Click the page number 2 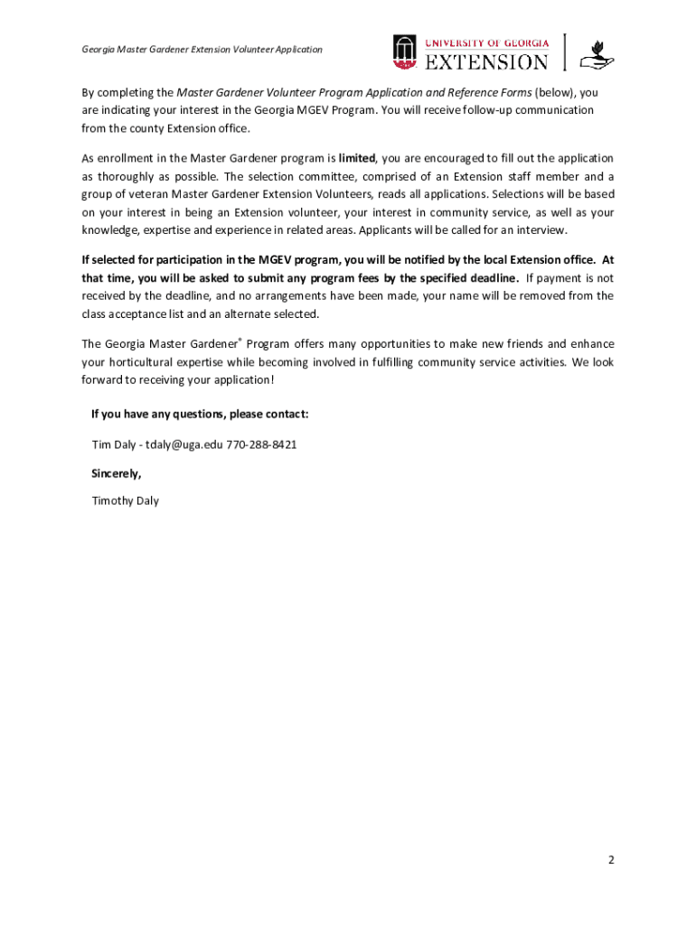[611, 861]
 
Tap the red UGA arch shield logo [404, 51]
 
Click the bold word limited [357, 158]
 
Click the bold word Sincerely [117, 472]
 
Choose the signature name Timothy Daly [126, 500]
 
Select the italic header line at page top [202, 50]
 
